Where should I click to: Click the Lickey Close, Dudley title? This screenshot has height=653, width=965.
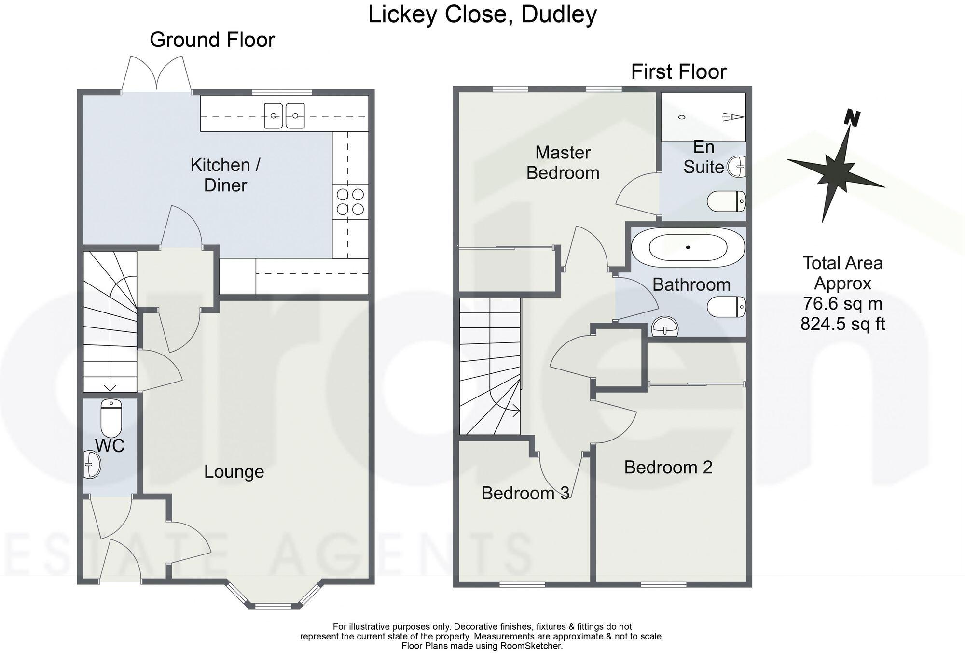(482, 14)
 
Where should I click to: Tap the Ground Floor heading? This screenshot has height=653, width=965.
(212, 40)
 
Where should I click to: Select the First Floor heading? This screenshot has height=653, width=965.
(678, 72)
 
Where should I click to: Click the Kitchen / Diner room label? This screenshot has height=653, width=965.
(225, 175)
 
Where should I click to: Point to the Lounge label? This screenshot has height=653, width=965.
(234, 471)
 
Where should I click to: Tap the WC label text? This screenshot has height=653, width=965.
(110, 445)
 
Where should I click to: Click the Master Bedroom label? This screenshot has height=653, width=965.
(563, 163)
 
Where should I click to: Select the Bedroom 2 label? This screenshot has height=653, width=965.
(668, 467)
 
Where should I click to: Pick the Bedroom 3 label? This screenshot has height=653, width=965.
(525, 493)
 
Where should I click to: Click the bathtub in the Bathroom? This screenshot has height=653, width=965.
(688, 247)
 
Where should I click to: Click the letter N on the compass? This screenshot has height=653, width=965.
(853, 117)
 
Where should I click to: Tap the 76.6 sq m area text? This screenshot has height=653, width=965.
(842, 304)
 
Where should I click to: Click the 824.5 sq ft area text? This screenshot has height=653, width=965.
(842, 324)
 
